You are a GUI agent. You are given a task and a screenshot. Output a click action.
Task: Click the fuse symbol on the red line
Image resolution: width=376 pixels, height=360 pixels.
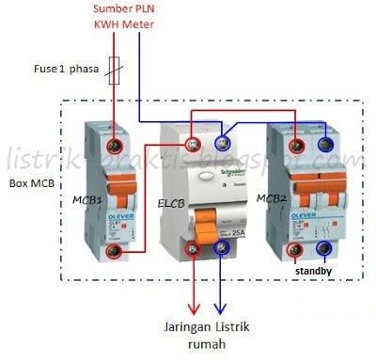[x=115, y=69]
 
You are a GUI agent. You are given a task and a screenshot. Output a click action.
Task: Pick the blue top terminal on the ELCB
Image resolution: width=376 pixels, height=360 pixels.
[x=223, y=143]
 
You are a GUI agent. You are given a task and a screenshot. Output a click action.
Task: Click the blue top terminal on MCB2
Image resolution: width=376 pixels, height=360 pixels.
[x=326, y=145]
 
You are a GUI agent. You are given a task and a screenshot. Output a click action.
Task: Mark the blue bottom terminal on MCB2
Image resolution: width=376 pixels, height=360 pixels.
[x=326, y=251]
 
